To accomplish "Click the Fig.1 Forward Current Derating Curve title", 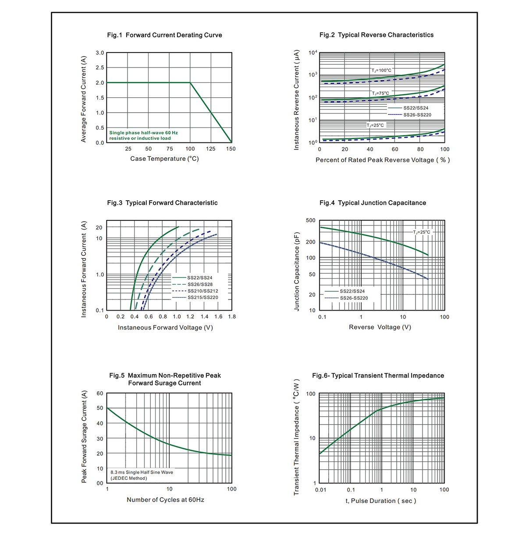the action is [x=164, y=35].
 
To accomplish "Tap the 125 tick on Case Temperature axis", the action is [x=210, y=149].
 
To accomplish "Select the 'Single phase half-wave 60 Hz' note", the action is [x=143, y=133].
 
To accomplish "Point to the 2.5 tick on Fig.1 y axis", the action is [x=100, y=67].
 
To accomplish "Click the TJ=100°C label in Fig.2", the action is [x=381, y=70].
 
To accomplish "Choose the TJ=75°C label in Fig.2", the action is [x=380, y=93].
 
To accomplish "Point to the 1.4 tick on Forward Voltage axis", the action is [x=204, y=317].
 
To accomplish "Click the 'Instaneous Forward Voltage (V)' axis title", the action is [x=165, y=327].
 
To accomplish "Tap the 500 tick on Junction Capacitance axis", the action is [x=311, y=220].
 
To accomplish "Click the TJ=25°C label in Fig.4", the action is [x=422, y=232].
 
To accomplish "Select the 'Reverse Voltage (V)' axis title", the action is [x=380, y=327].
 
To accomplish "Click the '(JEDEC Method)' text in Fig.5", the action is [x=128, y=478].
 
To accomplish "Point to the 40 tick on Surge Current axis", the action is [x=100, y=423].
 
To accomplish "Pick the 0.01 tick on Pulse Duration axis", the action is [x=320, y=490].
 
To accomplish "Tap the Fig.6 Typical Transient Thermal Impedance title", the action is [x=378, y=375].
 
